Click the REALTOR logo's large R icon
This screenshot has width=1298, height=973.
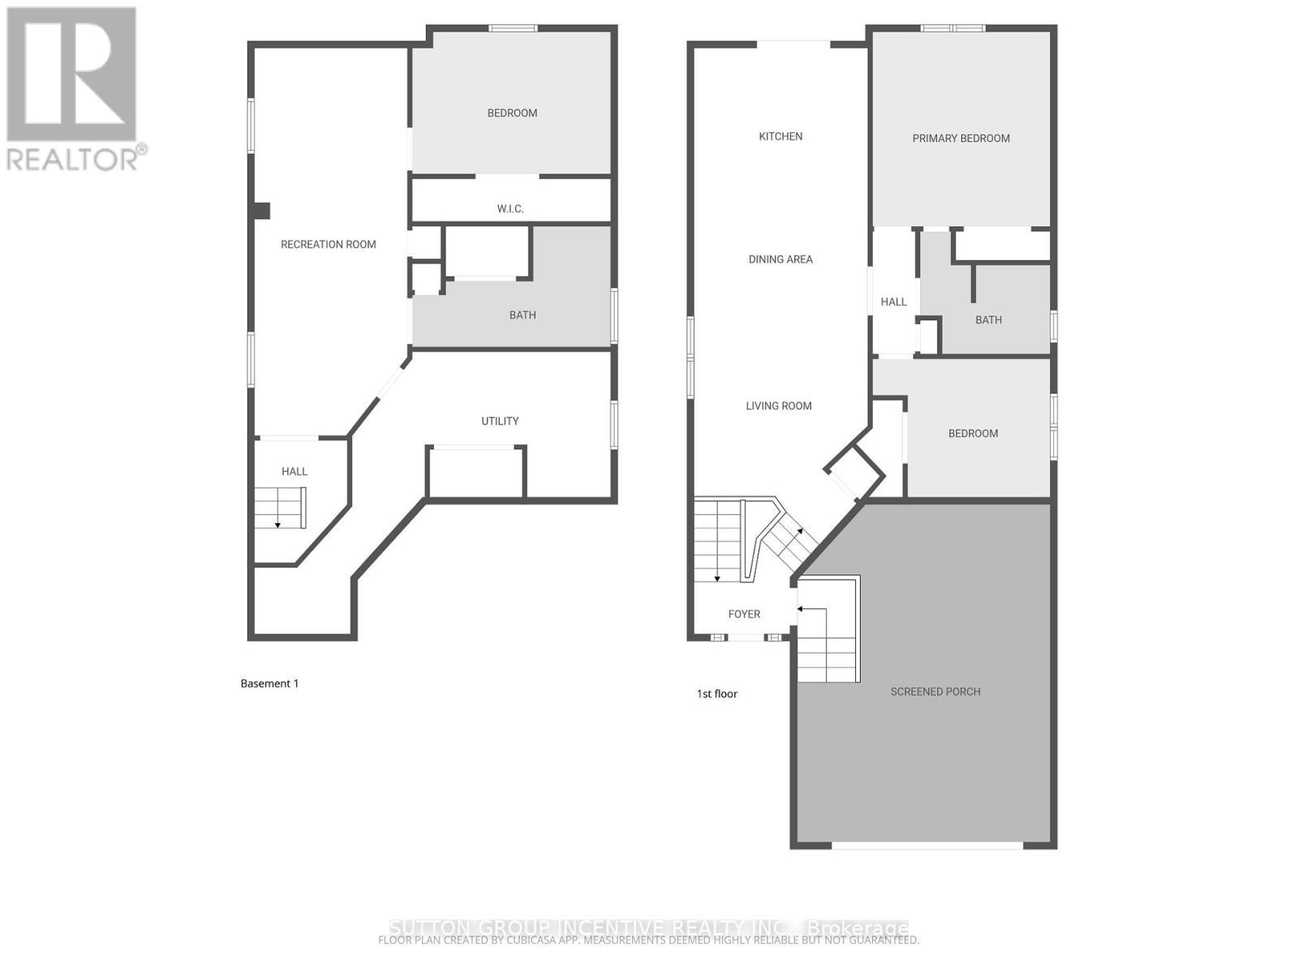71,75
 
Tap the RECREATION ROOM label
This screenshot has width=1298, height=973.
328,244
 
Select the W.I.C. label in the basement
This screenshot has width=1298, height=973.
510,209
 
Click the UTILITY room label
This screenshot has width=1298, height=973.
500,421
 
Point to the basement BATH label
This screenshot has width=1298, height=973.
522,315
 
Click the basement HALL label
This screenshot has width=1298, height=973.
294,471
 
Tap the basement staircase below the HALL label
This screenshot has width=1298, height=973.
280,508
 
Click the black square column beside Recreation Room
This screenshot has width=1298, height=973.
260,211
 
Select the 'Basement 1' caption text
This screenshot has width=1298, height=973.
269,684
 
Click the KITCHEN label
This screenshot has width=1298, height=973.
780,136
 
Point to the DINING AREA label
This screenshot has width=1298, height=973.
780,259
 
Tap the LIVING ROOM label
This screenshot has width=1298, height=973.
779,406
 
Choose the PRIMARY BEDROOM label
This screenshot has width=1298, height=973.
961,139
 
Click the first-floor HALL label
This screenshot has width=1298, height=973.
893,302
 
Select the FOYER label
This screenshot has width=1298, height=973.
744,615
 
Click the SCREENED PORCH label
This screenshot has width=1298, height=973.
935,692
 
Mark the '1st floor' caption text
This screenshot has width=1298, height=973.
717,694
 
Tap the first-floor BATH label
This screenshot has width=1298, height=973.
988,320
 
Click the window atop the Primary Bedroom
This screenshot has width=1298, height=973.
952,28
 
